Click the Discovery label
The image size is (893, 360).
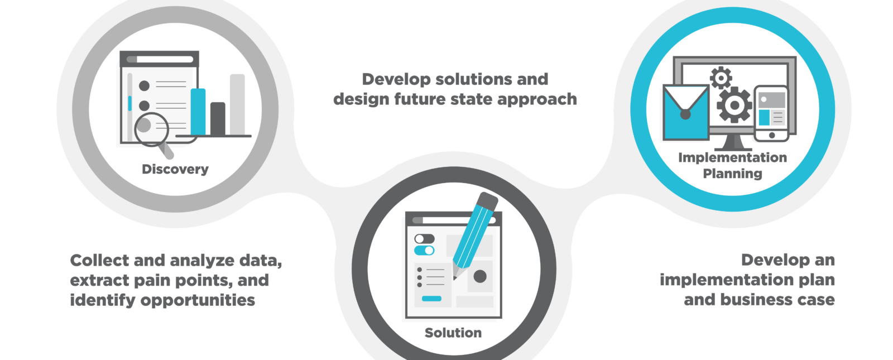pyautogui.click(x=175, y=170)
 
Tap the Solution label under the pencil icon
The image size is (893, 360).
pyautogui.click(x=453, y=333)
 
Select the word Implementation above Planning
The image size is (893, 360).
pyautogui.click(x=732, y=157)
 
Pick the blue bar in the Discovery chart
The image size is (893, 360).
pyautogui.click(x=198, y=112)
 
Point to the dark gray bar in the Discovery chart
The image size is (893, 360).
pyautogui.click(x=218, y=119)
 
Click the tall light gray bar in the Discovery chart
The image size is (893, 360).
pyautogui.click(x=237, y=104)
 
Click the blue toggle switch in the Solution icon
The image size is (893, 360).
pyautogui.click(x=424, y=251)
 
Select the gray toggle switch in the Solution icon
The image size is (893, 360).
pyautogui.click(x=424, y=239)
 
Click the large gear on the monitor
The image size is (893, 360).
pyautogui.click(x=734, y=105)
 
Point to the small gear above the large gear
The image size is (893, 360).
pyautogui.click(x=721, y=78)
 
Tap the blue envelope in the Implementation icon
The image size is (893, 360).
pyautogui.click(x=686, y=112)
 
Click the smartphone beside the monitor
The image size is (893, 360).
pyautogui.click(x=771, y=114)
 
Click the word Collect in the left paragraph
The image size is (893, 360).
pyautogui.click(x=99, y=260)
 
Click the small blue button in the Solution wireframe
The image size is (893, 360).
pyautogui.click(x=431, y=299)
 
